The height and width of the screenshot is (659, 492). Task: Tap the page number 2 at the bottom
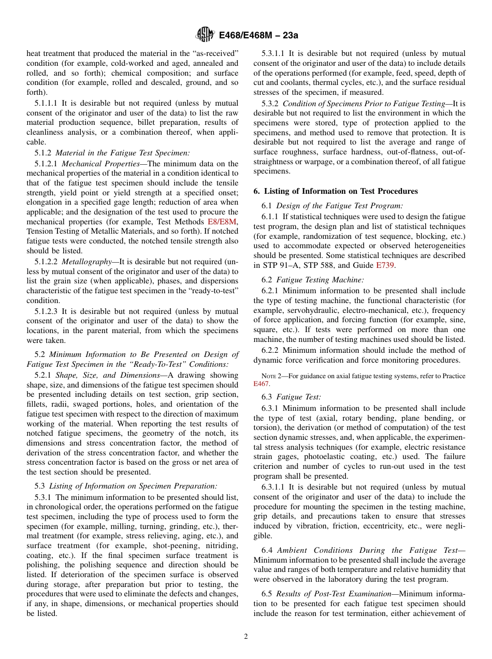(246, 637)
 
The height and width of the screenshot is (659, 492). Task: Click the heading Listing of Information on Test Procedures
(336, 191)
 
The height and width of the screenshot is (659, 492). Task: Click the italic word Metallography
(88, 262)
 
